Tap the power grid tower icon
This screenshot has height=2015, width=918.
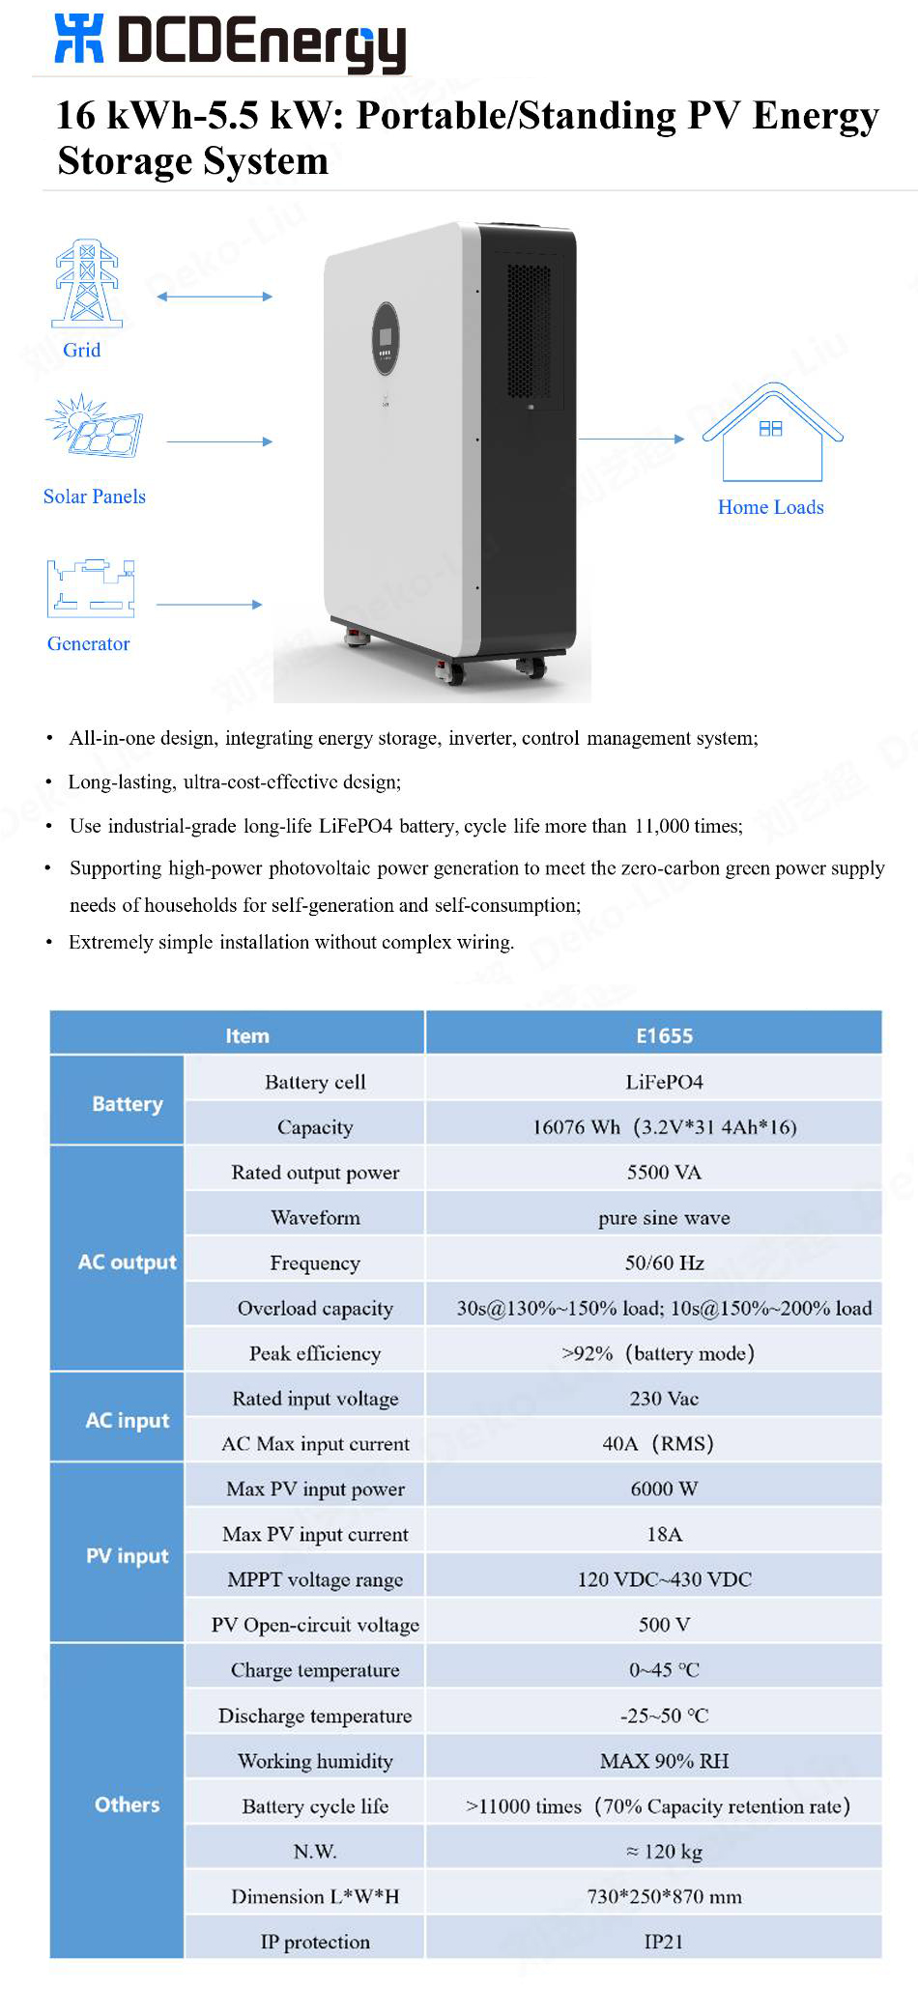[x=87, y=283]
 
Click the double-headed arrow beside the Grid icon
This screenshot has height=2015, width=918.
[x=215, y=297]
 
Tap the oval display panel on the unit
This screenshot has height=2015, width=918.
[x=385, y=339]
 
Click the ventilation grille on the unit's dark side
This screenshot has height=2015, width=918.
[x=529, y=330]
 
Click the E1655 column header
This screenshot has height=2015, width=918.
[x=664, y=1036]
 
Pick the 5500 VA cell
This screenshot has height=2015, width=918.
[x=664, y=1172]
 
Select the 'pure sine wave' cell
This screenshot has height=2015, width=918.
[x=664, y=1217]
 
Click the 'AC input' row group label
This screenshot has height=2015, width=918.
[x=127, y=1420]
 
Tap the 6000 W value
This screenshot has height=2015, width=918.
[x=664, y=1489]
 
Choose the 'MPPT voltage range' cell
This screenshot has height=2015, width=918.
[x=315, y=1579]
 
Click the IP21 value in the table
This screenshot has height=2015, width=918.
[x=664, y=1942]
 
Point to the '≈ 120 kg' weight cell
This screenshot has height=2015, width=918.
[x=664, y=1851]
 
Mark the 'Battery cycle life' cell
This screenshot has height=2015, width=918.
[x=315, y=1805]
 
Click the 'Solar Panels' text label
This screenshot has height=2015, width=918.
[x=95, y=497]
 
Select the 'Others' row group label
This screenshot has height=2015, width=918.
[x=127, y=1804]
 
